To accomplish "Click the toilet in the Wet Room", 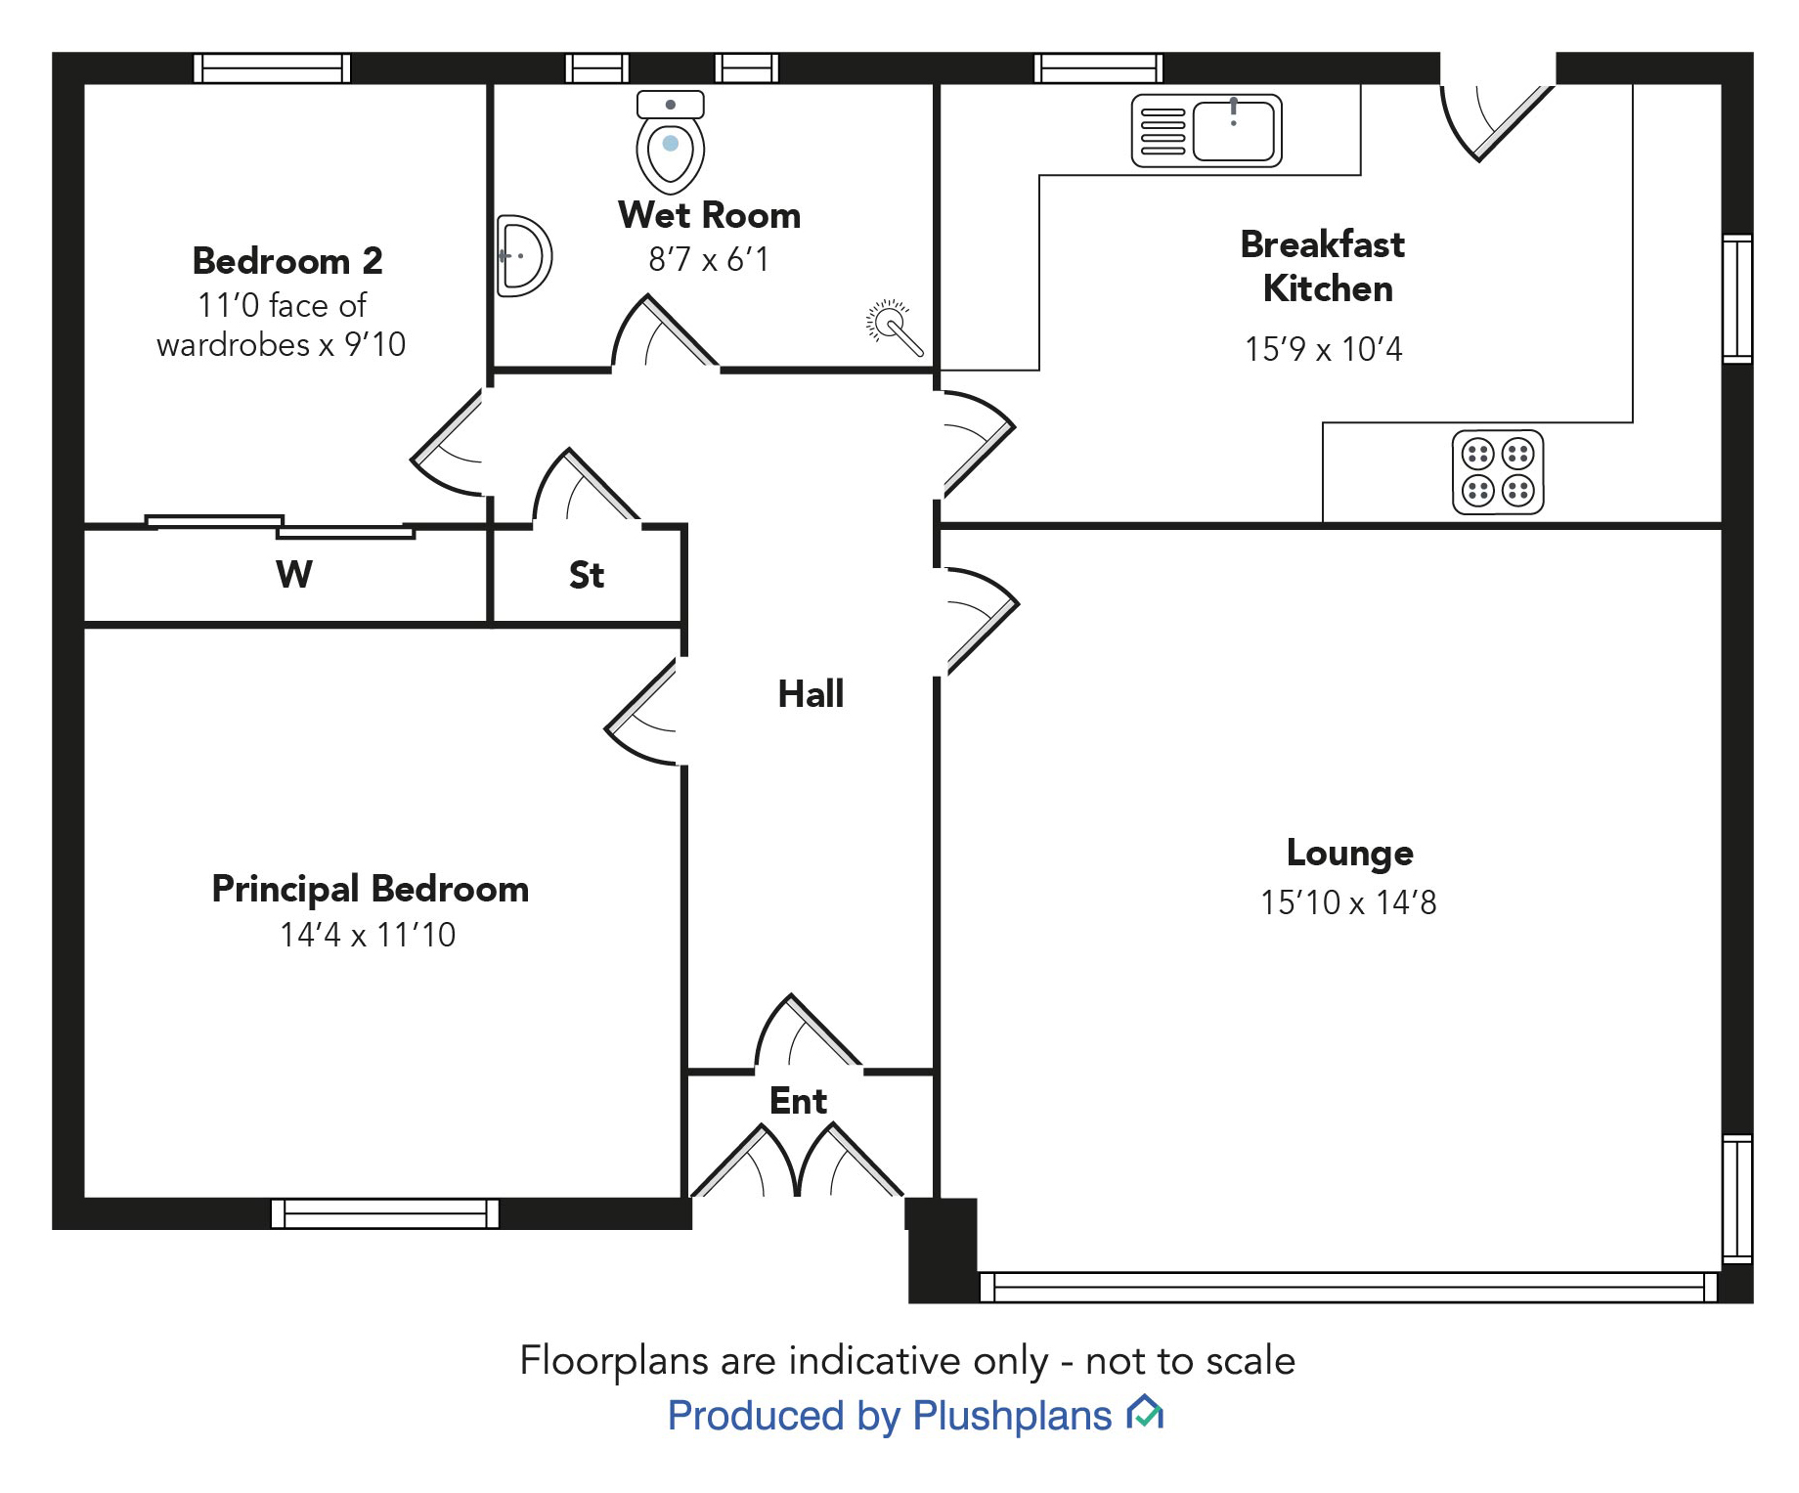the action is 670,143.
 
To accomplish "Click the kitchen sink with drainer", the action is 1207,130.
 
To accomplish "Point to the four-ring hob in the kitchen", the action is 1497,472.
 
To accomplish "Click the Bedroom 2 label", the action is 287,261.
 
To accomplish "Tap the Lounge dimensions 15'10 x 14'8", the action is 1348,902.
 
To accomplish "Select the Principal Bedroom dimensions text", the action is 368,935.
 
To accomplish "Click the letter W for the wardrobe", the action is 294,574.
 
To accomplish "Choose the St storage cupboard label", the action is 587,575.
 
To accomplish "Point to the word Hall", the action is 811,694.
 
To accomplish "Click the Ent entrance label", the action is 798,1101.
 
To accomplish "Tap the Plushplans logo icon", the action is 1145,1414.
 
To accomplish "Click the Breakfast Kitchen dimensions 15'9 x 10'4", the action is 1323,349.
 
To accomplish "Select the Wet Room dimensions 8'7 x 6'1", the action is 709,259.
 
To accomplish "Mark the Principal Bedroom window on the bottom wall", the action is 385,1213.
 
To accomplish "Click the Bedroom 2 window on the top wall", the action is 272,68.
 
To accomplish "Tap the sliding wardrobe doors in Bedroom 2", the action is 281,527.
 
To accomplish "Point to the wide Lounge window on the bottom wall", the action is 1348,1287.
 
